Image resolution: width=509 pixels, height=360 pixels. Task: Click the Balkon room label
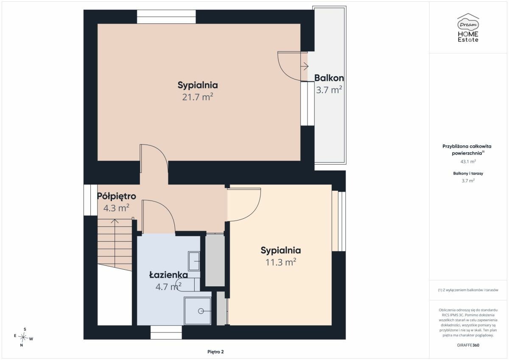[329, 78]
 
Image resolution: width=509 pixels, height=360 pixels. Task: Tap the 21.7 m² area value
[198, 97]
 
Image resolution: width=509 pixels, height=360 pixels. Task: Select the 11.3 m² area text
[281, 262]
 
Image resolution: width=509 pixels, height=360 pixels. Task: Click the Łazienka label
[168, 275]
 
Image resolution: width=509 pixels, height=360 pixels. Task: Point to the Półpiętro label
[116, 196]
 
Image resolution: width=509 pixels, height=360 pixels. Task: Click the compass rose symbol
[23, 337]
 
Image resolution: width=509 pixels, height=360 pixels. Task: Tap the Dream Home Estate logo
[468, 28]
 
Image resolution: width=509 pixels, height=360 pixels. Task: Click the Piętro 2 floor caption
[215, 352]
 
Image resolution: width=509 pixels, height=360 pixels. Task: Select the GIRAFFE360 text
[468, 345]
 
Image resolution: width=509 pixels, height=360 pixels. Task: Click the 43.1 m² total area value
[468, 162]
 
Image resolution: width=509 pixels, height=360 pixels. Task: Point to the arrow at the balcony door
[304, 66]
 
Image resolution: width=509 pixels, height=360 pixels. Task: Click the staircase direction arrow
[115, 243]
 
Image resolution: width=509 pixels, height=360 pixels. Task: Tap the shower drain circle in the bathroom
[201, 311]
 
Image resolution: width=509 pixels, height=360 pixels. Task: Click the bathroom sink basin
[194, 261]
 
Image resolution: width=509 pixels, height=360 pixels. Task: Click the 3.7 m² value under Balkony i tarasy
[468, 181]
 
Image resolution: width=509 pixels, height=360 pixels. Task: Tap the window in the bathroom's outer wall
[166, 332]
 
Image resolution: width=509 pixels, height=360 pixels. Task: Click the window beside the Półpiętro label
[90, 200]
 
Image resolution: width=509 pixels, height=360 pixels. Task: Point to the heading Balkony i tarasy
[468, 173]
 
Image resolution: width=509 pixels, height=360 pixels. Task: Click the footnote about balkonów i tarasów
[468, 290]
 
